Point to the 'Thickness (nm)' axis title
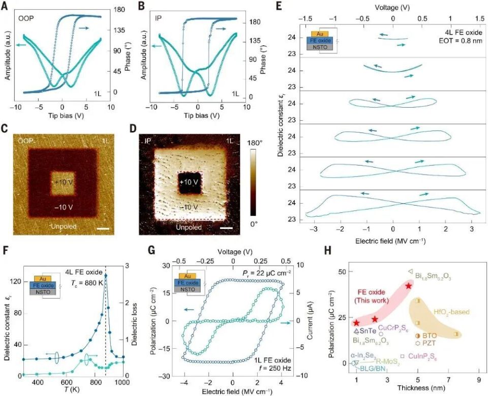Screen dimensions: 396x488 click(415, 391)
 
